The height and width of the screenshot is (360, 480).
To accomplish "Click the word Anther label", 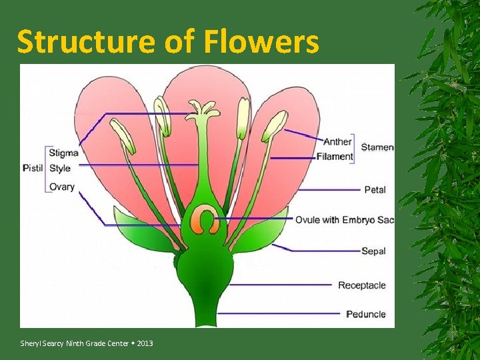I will tap(337, 142).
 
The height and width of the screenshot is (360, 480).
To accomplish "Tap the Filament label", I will tap(335, 157).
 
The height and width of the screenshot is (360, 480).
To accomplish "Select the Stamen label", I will tap(377, 147).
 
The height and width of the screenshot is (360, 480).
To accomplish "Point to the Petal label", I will tap(375, 190).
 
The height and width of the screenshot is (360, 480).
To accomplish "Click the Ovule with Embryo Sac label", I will tap(345, 220).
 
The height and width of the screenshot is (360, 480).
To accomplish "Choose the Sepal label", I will tap(373, 251).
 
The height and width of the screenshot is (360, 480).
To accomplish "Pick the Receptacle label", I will tap(361, 285).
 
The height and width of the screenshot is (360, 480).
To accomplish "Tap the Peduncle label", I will tap(365, 313).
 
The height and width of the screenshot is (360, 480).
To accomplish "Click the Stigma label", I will tap(63, 153).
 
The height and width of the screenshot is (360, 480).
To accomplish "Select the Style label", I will tap(60, 168).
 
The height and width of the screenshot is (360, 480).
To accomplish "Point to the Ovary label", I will tap(62, 187).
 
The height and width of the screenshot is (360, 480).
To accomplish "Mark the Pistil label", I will tap(33, 168).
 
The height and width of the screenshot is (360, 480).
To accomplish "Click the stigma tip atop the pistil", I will tap(201, 109).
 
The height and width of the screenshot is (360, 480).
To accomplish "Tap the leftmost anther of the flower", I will tap(123, 135).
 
